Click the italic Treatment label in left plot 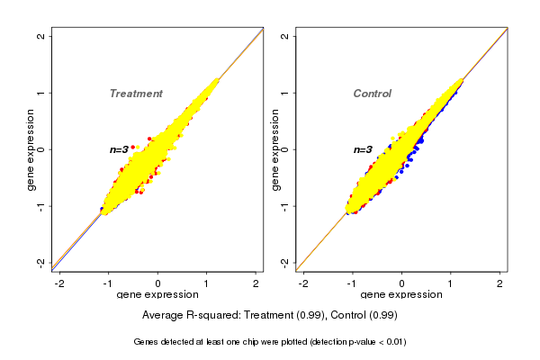coord(136,94)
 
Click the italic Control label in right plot coord(373,94)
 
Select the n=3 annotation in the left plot coord(120,149)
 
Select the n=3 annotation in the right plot coord(363,149)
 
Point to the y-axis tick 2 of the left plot coord(41,36)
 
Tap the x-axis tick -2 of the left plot coord(60,283)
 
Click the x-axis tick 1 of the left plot coord(207,283)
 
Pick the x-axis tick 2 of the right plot coord(500,283)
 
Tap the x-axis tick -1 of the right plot coord(352,283)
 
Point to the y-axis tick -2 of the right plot coord(285,262)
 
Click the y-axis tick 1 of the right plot coord(285,93)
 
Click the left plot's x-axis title coord(157,295)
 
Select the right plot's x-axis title coord(401,295)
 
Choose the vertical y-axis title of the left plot coord(31,149)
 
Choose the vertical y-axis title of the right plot coord(274,149)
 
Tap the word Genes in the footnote coord(148,342)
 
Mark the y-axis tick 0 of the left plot coord(41,149)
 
